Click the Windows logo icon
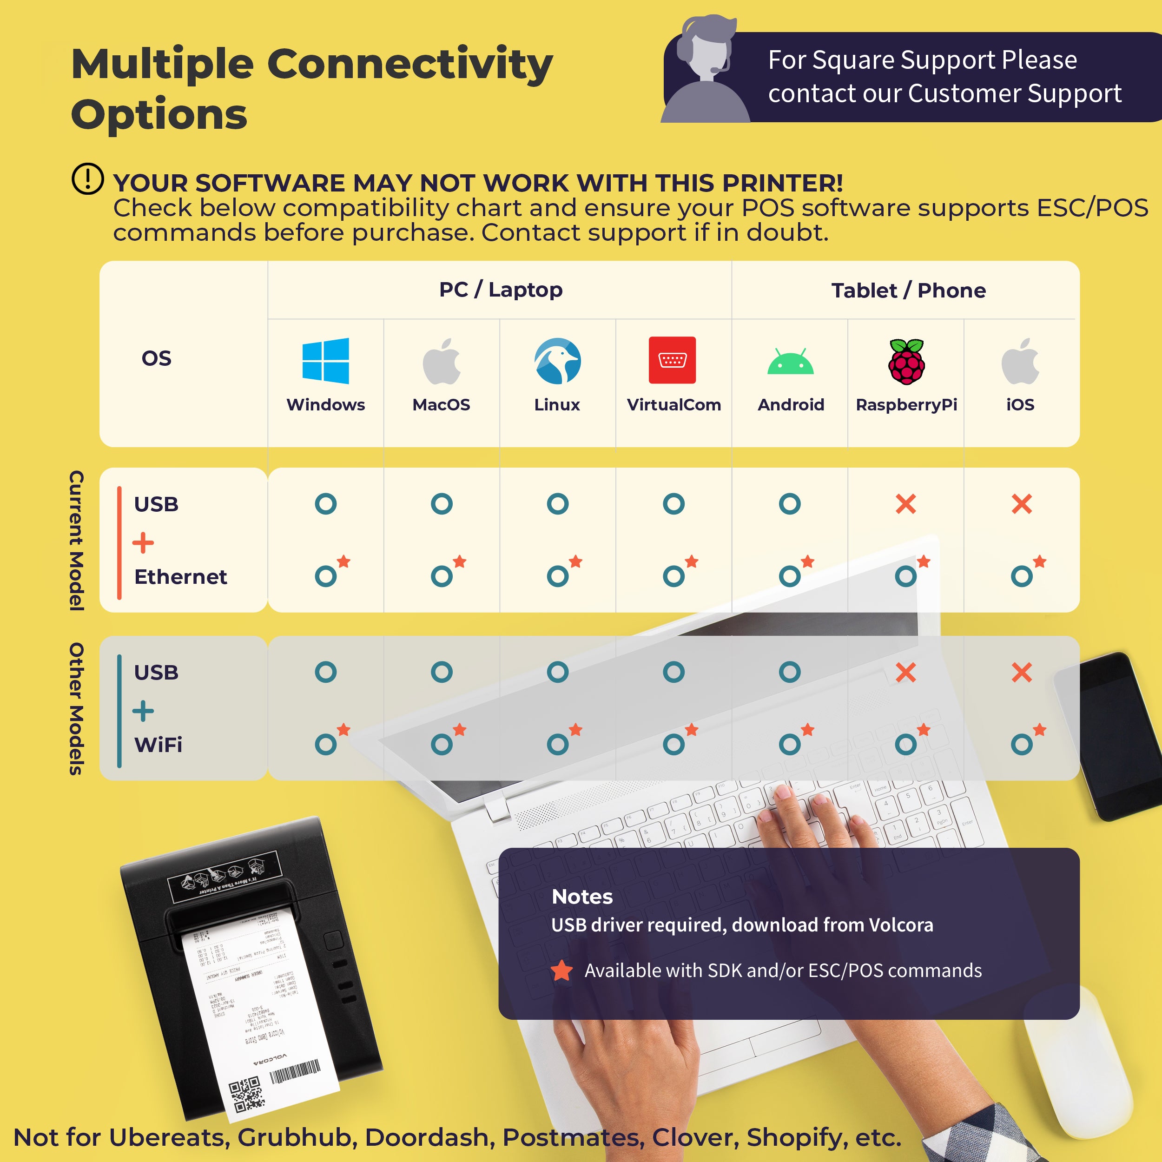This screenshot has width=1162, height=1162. click(x=325, y=360)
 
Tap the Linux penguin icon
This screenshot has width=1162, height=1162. click(x=558, y=360)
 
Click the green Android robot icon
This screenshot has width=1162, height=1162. click(x=790, y=362)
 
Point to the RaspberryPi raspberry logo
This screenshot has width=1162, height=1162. click(x=906, y=362)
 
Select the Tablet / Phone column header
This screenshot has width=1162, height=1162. click(x=908, y=290)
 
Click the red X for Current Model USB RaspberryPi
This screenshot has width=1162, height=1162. click(x=906, y=503)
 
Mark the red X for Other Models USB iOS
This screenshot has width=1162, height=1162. click(x=1022, y=672)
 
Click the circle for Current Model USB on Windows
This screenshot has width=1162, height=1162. click(x=325, y=503)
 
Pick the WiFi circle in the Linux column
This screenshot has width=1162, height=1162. click(x=558, y=745)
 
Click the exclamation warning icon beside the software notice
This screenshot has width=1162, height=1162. click(x=88, y=178)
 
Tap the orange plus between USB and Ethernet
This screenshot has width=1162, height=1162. click(x=143, y=542)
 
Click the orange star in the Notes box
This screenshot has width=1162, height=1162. click(x=562, y=970)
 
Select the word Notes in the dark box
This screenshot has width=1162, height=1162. click(x=581, y=897)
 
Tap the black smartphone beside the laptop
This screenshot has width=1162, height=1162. click(x=1119, y=734)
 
